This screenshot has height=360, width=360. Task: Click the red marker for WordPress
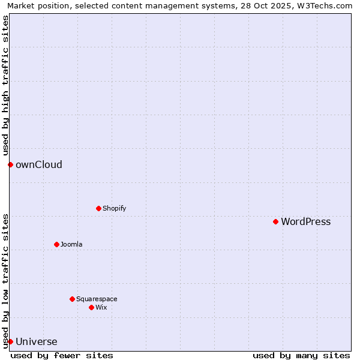[275, 221]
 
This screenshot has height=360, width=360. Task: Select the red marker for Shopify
[98, 208]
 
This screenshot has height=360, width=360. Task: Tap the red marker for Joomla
[56, 244]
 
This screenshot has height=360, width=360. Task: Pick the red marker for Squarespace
[72, 299]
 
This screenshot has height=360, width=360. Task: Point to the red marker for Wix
[91, 307]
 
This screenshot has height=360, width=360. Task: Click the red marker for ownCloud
[10, 164]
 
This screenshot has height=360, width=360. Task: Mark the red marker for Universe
[10, 341]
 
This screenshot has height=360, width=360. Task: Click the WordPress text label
[305, 222]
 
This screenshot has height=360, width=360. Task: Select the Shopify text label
[114, 209]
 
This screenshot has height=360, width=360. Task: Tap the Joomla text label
[71, 245]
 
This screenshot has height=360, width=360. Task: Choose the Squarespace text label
[97, 299]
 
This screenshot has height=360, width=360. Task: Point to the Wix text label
[101, 308]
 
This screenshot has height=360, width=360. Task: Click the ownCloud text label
[38, 165]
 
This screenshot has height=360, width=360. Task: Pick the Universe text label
[36, 342]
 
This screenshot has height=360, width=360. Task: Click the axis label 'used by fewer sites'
[62, 355]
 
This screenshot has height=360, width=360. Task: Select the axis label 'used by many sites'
[301, 355]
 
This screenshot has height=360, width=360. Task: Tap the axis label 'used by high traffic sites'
[5, 85]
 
